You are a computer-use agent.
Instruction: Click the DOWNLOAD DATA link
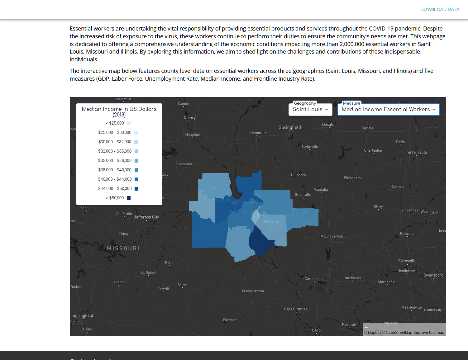tap(440, 9)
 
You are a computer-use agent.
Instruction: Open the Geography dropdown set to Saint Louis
tap(310, 110)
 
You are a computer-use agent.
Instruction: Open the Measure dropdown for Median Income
tap(389, 110)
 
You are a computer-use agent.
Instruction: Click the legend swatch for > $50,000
tap(129, 198)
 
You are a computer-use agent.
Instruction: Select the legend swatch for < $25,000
tap(129, 123)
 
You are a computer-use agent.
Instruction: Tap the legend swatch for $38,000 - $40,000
tap(136, 170)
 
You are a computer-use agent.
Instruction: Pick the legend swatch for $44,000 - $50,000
tap(136, 189)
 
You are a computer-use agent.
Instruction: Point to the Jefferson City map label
tap(146, 217)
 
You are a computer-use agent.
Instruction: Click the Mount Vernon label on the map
tap(332, 236)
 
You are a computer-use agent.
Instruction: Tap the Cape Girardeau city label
tap(297, 309)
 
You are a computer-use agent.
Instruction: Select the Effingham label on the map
tap(352, 178)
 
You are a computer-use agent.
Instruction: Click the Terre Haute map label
tap(416, 152)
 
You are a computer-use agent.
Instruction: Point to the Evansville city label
tap(407, 261)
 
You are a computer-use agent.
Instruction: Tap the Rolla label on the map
tap(169, 263)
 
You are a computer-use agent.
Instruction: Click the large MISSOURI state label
tap(123, 249)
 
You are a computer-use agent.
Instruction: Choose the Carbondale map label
tap(314, 279)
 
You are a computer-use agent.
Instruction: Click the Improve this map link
tap(429, 333)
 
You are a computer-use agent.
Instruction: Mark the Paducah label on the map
tap(349, 325)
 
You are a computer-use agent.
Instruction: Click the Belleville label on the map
tap(270, 221)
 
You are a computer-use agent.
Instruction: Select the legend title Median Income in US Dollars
tap(119, 111)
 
